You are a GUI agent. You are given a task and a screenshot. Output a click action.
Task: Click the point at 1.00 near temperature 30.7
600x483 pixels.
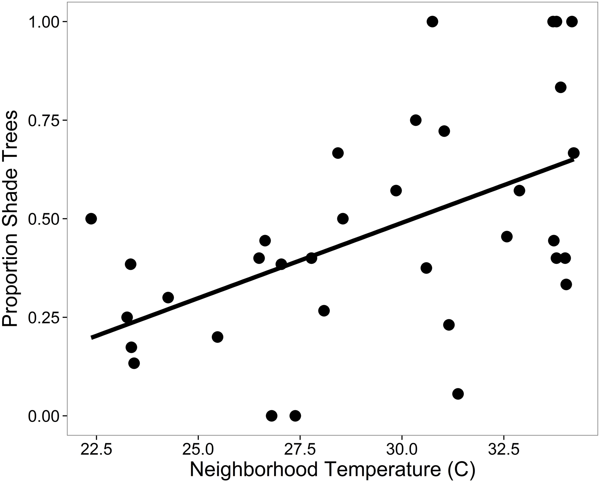[432, 22]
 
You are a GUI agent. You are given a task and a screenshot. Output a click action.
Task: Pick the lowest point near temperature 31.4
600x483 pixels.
[458, 394]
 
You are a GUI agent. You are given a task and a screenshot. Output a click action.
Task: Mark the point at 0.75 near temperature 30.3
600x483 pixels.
[415, 120]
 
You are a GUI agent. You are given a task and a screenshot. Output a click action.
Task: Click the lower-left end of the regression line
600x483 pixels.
[92, 338]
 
